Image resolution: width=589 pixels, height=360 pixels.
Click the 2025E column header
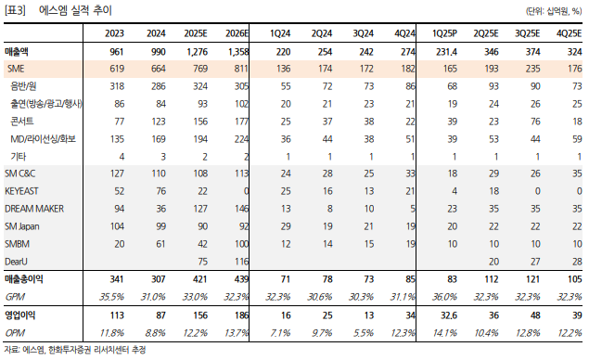[x=196, y=33]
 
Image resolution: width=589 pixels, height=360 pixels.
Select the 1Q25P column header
[x=444, y=33]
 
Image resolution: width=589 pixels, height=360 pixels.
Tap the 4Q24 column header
[x=404, y=33]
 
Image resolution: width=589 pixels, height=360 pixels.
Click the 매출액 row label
[x=16, y=51]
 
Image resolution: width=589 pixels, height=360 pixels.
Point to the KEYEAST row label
[x=21, y=191]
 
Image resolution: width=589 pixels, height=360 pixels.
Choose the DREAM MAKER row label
[x=34, y=209]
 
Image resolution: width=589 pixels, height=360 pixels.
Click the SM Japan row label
[x=21, y=226]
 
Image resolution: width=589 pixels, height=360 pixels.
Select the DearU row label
[x=16, y=262]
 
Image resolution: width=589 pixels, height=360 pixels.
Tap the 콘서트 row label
[x=22, y=121]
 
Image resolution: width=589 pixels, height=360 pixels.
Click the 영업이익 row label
[x=19, y=315]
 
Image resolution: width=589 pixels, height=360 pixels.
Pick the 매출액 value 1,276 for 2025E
[x=198, y=52]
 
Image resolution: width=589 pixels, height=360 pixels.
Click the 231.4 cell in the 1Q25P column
[x=446, y=52]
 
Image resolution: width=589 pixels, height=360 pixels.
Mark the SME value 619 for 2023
[x=117, y=69]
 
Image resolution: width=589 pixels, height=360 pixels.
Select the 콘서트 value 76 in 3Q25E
[x=535, y=122]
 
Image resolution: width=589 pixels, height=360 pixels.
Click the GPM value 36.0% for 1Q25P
[x=444, y=297]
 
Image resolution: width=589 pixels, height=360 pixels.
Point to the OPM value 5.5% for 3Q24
[x=363, y=333]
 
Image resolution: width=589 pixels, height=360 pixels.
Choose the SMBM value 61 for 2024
[x=160, y=244]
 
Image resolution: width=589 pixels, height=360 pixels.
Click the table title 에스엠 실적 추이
[x=75, y=10]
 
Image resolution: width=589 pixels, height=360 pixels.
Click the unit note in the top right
[x=554, y=12]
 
